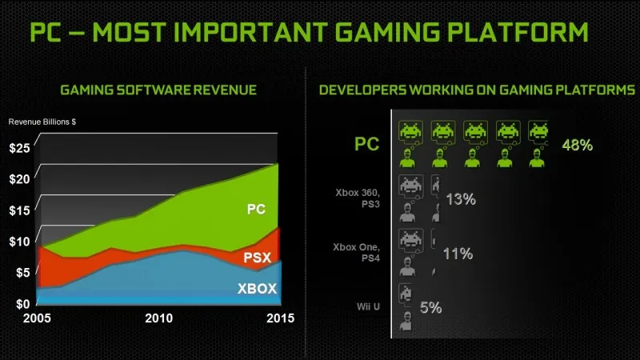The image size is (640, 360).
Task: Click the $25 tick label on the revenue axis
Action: pos(19,148)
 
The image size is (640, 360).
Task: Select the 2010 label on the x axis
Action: pos(159,318)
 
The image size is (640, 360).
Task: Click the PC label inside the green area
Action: pos(255,210)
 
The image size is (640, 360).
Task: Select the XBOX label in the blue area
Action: pos(256,289)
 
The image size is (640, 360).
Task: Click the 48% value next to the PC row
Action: pos(577,146)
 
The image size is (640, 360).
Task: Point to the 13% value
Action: pos(460,199)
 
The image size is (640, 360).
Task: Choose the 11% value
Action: pos(458,254)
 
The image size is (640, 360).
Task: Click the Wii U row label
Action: pos(370,305)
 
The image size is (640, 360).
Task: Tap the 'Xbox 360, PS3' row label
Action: pos(358,200)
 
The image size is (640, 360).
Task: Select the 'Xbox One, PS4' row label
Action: pos(358,254)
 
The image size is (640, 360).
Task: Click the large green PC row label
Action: pos(367,145)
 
